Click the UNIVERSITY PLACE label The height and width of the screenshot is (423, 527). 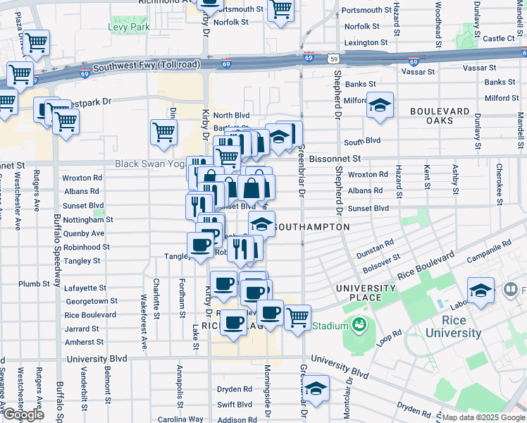click(x=366, y=293)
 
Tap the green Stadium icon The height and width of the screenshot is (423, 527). click(x=359, y=326)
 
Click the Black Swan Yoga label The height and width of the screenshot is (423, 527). click(x=149, y=164)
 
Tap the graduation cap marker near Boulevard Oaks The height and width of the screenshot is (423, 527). click(x=380, y=106)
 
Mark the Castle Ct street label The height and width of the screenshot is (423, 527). click(x=500, y=39)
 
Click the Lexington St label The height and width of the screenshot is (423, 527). click(x=366, y=43)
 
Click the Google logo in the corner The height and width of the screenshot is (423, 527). click(x=23, y=415)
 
